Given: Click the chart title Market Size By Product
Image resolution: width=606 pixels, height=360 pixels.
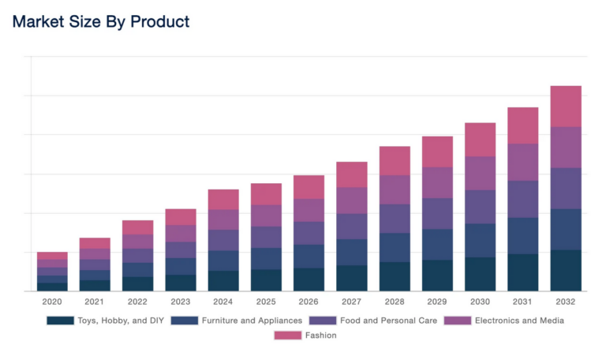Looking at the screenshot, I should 101,22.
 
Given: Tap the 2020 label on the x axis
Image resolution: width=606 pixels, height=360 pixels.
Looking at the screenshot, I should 52,302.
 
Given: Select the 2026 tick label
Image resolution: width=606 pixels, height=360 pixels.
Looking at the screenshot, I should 309,302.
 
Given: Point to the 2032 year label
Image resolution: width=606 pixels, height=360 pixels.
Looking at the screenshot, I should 565,302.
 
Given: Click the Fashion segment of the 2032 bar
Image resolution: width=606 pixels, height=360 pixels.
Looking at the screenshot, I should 565,106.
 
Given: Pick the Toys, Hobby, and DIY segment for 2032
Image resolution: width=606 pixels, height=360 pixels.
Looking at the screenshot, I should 565,270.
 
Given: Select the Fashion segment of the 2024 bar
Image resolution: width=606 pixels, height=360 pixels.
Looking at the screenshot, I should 223,199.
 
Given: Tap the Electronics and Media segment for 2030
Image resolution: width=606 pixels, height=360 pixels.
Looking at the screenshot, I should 480,173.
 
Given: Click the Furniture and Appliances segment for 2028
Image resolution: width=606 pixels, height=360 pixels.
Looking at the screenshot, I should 395,247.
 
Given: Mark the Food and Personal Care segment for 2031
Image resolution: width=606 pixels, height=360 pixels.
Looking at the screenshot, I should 522,199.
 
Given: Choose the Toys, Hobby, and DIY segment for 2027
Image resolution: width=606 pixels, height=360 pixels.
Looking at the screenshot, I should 351,278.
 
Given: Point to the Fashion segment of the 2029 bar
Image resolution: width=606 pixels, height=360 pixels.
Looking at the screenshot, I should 437,152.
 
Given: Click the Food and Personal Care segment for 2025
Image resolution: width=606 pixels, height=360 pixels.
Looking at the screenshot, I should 266,237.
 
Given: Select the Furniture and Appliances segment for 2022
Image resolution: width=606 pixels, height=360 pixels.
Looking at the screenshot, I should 137,269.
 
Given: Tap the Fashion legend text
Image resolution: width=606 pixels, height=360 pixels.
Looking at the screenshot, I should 320,336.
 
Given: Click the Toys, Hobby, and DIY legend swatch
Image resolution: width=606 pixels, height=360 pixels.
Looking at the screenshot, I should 59,321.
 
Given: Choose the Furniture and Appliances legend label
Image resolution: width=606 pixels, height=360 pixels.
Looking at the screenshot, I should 252,321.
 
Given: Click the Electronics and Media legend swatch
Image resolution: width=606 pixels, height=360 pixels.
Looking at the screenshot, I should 458,321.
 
